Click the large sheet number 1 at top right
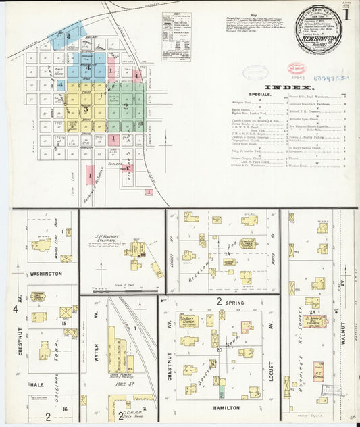tap(346, 14)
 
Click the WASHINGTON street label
tap(45, 274)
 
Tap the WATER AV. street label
tap(95, 351)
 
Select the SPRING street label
tap(233, 301)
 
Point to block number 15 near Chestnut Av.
tap(64, 324)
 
